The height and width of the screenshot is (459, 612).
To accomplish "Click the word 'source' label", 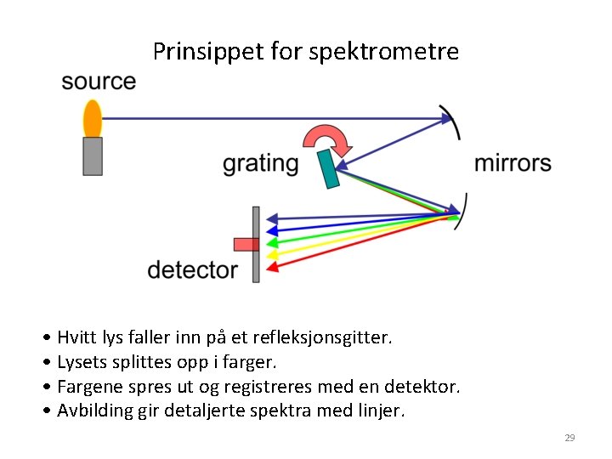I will pyautogui.click(x=99, y=82).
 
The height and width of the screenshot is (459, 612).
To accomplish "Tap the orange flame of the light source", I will pyautogui.click(x=92, y=118).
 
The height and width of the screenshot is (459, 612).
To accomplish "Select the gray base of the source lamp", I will pyautogui.click(x=93, y=156).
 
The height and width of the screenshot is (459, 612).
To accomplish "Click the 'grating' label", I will pyautogui.click(x=260, y=163).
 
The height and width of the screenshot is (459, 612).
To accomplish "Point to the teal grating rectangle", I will pyautogui.click(x=328, y=169).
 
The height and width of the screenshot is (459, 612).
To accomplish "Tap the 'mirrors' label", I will pyautogui.click(x=513, y=162).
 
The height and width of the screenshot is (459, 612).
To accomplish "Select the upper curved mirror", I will pyautogui.click(x=455, y=122).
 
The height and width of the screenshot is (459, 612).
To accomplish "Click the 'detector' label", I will pyautogui.click(x=193, y=270).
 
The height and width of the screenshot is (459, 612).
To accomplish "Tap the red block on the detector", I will pyautogui.click(x=246, y=245).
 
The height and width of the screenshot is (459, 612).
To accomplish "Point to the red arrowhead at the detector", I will pyautogui.click(x=272, y=267).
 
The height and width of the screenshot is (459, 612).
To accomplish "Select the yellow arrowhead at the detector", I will pyautogui.click(x=272, y=253).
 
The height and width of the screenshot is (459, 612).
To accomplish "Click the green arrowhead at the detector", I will pyautogui.click(x=272, y=241).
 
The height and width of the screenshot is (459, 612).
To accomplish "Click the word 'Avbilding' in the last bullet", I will pyautogui.click(x=96, y=411).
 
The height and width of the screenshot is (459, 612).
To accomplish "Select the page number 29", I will pyautogui.click(x=569, y=438).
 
